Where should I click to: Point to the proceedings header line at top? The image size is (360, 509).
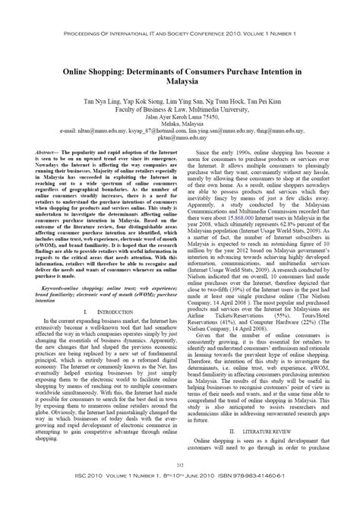coord(180,14)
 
